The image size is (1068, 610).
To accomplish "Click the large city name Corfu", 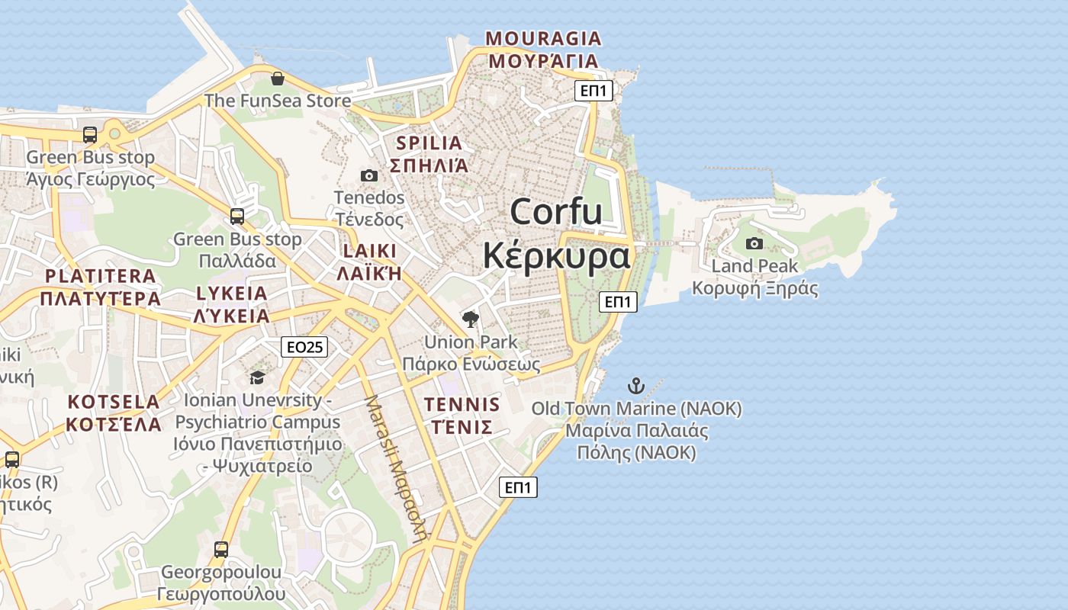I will coord(556,211).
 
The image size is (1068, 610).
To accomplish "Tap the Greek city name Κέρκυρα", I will coord(556,255).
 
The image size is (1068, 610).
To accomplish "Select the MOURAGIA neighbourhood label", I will coord(543,38).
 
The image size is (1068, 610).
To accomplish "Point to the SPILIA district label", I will coord(429,143).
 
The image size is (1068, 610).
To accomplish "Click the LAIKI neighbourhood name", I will coord(370,251).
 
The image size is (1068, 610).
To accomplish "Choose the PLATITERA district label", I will coord(100,276).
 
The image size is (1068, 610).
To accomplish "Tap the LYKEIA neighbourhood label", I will coord(232,294).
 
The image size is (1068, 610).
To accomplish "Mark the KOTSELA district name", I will coord(114,402).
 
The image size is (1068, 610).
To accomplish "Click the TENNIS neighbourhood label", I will coord(462,404).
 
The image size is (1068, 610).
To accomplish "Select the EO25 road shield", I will coord(304,347).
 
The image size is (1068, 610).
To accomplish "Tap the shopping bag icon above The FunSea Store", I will coord(278,79).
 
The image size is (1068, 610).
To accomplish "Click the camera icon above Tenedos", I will coord(369,176).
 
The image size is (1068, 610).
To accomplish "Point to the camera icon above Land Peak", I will coord(754,244).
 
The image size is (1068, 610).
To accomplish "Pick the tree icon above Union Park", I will coord(471,319).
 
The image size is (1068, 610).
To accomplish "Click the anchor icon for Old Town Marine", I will coord(636,386).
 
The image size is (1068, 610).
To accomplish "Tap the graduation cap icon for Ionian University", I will coord(258,377).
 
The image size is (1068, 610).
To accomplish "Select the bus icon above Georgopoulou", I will coord(221,550).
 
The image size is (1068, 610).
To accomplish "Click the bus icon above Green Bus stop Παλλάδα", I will coord(237,217).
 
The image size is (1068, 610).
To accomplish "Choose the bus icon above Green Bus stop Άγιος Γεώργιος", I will coord(90,135).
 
